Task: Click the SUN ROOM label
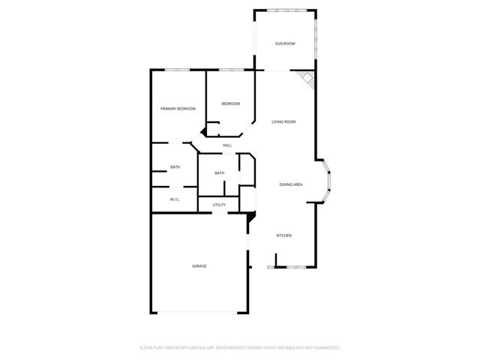point(284,44)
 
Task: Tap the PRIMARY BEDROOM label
point(178,109)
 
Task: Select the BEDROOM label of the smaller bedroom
point(230,103)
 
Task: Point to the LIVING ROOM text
point(283,121)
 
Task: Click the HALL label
point(226,145)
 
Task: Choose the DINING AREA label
point(290,184)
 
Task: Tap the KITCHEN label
point(283,236)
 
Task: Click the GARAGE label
point(199,266)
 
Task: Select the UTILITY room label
point(219,205)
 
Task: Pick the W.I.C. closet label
point(174,199)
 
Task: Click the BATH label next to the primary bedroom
point(175,167)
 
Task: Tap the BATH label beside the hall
point(219,173)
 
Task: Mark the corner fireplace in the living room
point(306,79)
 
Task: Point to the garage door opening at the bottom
point(199,313)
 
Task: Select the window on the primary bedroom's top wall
point(177,70)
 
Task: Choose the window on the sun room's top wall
point(286,10)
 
